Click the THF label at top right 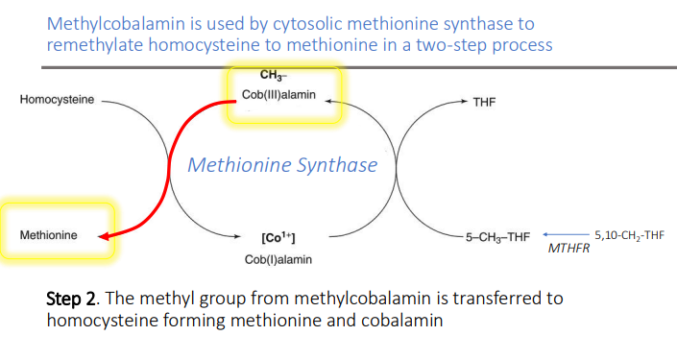(484, 102)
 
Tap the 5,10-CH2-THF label (629, 234)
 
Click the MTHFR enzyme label (568, 249)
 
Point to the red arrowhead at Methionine (107, 235)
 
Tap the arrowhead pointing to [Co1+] (241, 236)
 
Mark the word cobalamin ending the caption (402, 320)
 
